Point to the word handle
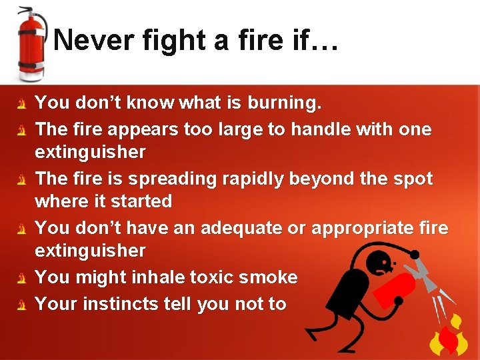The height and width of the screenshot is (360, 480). (x=313, y=129)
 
